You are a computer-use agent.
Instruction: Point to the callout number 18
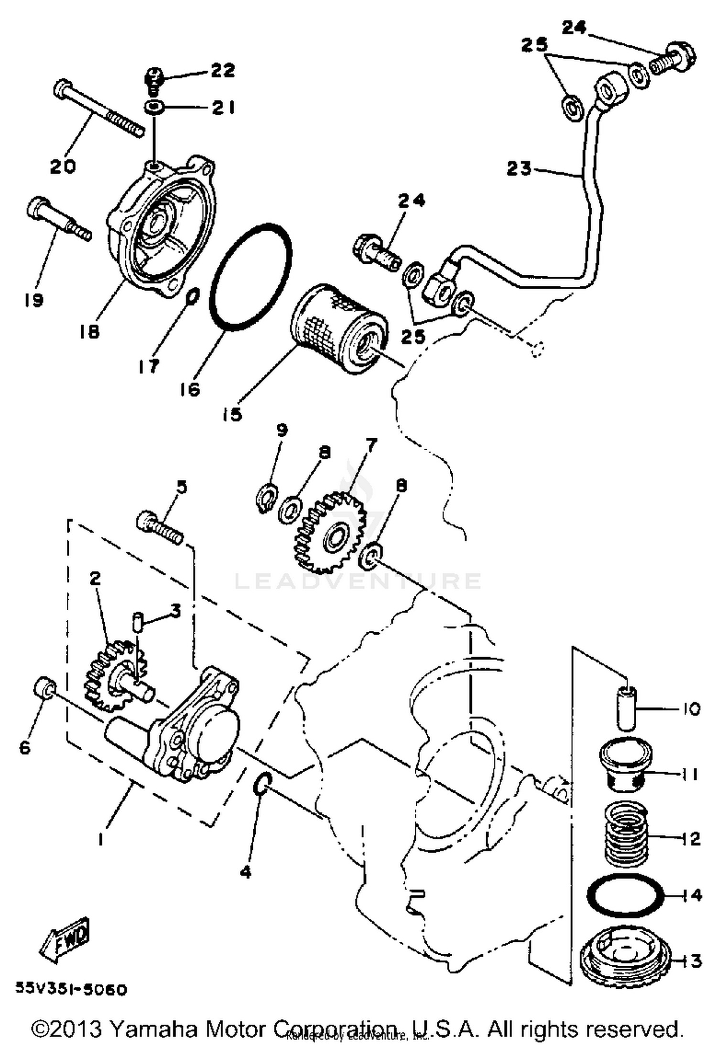click(89, 331)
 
